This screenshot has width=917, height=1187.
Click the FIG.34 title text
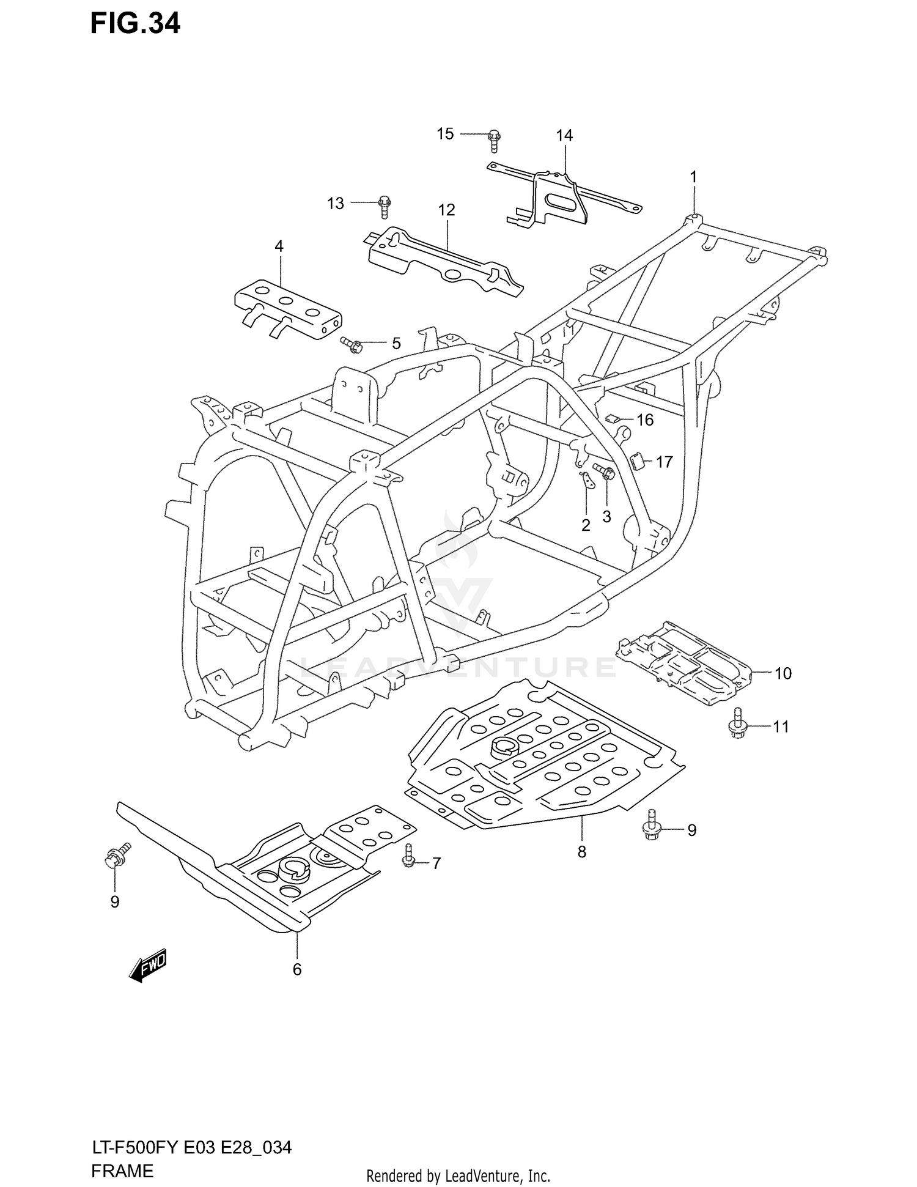(135, 24)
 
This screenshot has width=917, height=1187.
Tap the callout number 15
(445, 133)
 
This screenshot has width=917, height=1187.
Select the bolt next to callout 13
(384, 207)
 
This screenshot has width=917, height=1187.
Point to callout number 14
(564, 136)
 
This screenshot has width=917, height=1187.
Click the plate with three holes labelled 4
(288, 309)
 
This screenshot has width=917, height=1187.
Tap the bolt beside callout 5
(352, 345)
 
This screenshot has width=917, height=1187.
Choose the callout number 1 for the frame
(693, 177)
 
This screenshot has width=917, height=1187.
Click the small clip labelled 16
(613, 418)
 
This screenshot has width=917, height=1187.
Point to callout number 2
(586, 525)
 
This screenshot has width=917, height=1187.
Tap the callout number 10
(783, 673)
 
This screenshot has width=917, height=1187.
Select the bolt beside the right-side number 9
(650, 825)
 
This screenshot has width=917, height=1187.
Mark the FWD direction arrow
(147, 966)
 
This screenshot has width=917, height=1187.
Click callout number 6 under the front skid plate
(297, 969)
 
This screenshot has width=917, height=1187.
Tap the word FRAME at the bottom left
(122, 1171)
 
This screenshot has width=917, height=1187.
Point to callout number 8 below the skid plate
(581, 851)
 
